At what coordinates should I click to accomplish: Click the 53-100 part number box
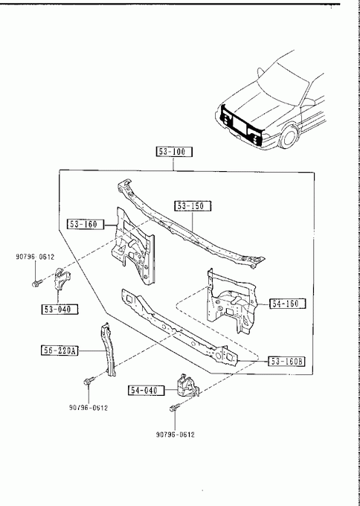174,152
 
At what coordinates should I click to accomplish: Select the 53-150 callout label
193,206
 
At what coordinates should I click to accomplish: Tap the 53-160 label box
86,224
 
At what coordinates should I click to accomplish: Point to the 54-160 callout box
287,304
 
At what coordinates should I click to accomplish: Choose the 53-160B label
286,362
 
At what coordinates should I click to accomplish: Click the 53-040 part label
60,309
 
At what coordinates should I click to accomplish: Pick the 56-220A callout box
60,350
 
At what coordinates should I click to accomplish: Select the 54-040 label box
147,391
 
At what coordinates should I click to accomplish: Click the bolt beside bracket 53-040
36,284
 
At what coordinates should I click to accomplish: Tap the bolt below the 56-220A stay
89,381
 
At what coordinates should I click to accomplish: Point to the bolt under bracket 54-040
174,408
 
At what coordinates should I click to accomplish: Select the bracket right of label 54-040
187,386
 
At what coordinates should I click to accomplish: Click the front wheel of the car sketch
289,138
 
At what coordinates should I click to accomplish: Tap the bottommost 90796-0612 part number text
176,435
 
